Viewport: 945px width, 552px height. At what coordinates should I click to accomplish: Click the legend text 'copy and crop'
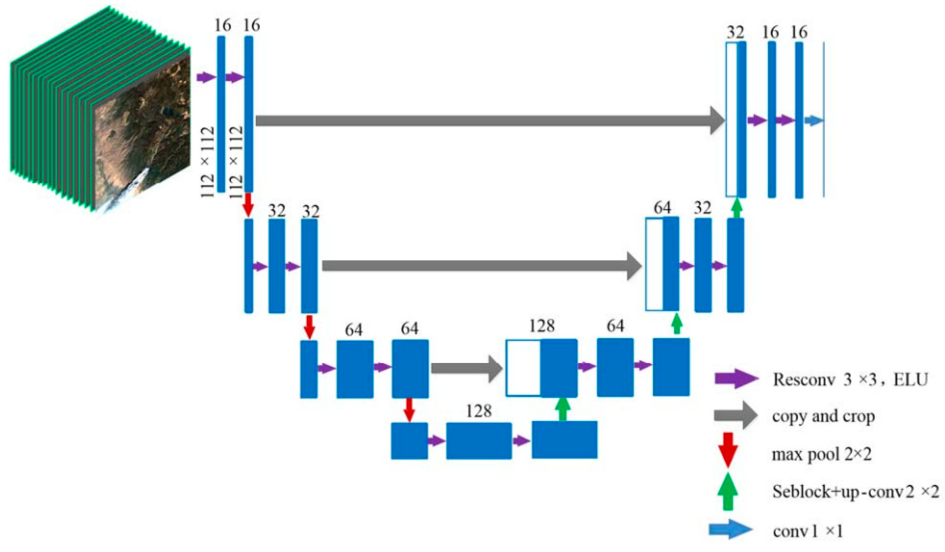point(823,416)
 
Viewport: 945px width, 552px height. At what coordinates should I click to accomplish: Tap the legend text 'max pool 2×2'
point(821,454)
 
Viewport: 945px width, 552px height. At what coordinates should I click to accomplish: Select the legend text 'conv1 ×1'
point(808,531)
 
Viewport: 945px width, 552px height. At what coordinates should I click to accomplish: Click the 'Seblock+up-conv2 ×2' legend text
point(855,491)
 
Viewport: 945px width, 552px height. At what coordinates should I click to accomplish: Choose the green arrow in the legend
point(727,491)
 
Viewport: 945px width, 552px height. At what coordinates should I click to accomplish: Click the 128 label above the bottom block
point(479,411)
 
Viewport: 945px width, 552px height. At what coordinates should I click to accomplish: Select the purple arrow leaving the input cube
point(206,78)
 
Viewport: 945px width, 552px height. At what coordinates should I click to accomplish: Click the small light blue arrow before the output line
point(814,120)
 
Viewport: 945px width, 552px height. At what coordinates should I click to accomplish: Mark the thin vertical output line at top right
point(824,120)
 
